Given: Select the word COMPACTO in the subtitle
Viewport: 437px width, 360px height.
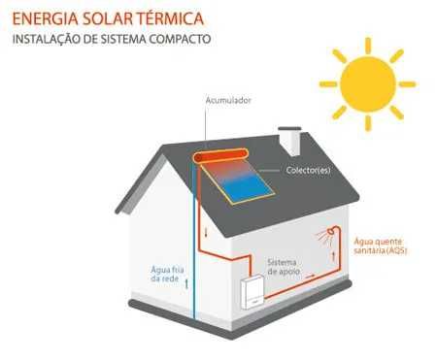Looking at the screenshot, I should [179, 40].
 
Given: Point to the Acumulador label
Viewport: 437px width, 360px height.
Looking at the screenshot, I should [226, 100].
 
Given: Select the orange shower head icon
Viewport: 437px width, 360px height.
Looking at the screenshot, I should [332, 234].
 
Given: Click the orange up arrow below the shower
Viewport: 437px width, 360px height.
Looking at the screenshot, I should [334, 258].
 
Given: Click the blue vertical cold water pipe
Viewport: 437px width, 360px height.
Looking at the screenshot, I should [191, 243].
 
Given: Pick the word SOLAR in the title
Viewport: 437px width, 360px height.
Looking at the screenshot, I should [114, 17].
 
